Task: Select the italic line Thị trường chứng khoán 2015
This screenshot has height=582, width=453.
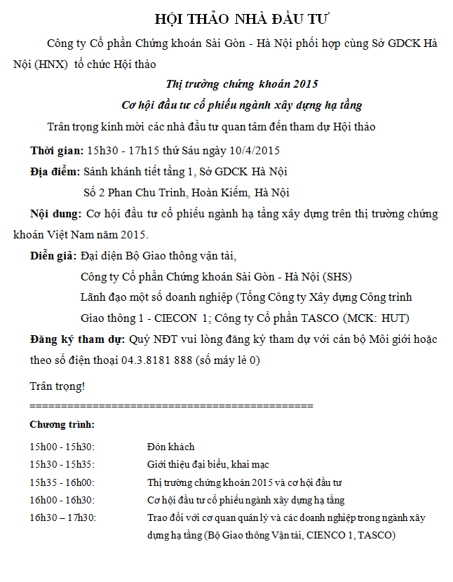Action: (242, 84)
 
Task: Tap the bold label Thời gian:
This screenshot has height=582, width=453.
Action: (56, 150)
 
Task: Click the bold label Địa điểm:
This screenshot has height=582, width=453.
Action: (55, 171)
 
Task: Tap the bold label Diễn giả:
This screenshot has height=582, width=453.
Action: (53, 256)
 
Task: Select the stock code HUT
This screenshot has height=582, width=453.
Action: (394, 318)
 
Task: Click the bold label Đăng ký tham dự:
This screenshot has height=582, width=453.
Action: (78, 339)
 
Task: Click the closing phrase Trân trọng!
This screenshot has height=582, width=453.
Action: (57, 386)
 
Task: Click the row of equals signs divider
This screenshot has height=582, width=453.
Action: (171, 405)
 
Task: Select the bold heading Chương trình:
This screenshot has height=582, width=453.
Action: (62, 425)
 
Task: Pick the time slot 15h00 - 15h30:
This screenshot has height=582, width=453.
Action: (62, 447)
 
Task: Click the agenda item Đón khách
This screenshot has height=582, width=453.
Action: (170, 447)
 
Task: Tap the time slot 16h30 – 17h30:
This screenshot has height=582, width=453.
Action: (63, 517)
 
